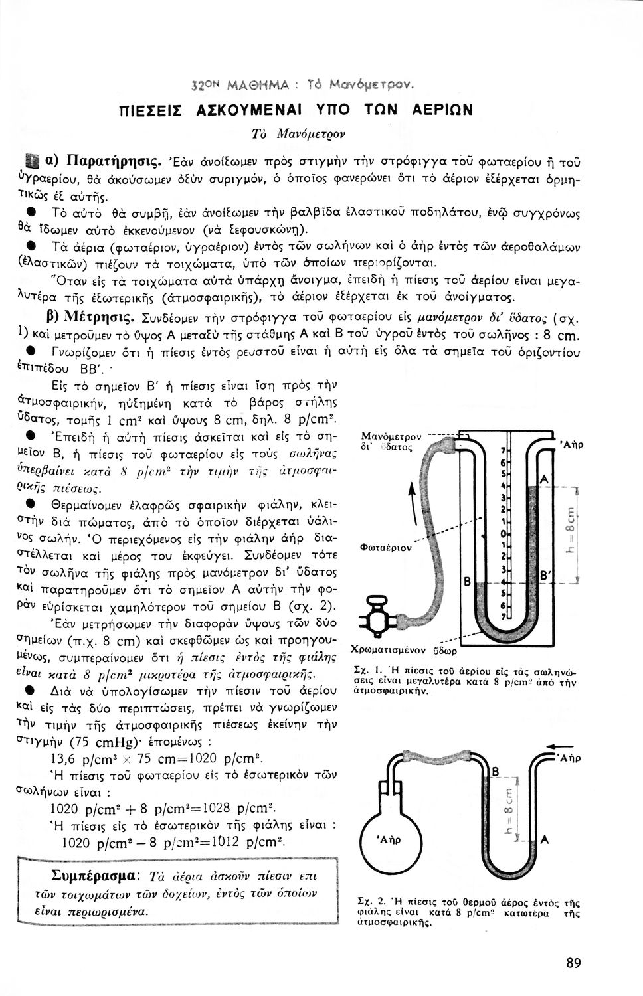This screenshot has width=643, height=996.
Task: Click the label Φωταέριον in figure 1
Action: (x=381, y=548)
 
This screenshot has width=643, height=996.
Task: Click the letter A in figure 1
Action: (x=544, y=479)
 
